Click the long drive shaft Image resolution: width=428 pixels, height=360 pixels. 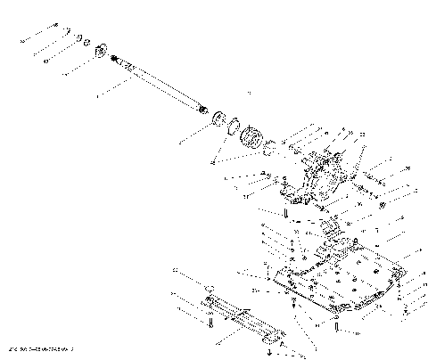[x=160, y=85]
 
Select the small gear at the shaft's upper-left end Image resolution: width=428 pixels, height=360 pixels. [x=100, y=50]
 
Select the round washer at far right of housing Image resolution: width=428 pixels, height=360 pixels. [x=383, y=208]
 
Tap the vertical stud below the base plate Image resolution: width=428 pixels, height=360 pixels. [x=337, y=323]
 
